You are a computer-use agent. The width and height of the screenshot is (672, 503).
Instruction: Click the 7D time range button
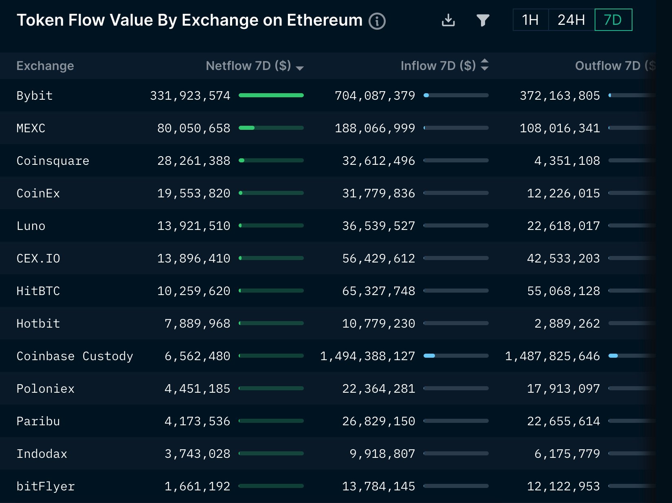[613, 20]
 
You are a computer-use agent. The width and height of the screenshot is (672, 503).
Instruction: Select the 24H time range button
[571, 20]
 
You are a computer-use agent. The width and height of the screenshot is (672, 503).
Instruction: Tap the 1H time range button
[530, 20]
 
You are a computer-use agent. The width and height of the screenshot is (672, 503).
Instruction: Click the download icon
[448, 20]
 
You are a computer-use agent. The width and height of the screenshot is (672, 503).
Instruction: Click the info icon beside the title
[377, 21]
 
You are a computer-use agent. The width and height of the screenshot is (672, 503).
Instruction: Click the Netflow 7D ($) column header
[248, 66]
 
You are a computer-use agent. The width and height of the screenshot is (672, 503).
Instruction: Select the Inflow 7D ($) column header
[438, 66]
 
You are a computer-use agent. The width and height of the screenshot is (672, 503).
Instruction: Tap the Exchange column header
[45, 66]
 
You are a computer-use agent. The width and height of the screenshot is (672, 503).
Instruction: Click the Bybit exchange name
[35, 96]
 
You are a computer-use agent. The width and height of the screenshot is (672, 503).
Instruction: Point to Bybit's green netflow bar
[271, 95]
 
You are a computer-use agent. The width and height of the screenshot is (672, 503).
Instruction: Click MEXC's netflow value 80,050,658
[193, 128]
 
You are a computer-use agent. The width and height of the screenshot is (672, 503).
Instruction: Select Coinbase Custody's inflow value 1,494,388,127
[367, 356]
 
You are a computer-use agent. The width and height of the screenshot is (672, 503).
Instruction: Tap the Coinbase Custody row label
[75, 356]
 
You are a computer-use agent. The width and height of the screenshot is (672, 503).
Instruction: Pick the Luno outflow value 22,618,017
[563, 226]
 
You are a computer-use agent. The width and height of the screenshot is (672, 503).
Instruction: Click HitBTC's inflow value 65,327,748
[378, 291]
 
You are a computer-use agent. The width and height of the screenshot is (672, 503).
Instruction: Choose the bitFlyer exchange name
[46, 486]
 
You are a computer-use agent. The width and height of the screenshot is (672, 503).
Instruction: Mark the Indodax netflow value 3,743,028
[197, 454]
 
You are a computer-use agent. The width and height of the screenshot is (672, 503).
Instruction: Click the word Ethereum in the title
[324, 20]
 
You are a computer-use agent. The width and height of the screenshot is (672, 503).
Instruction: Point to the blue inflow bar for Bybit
[426, 95]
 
